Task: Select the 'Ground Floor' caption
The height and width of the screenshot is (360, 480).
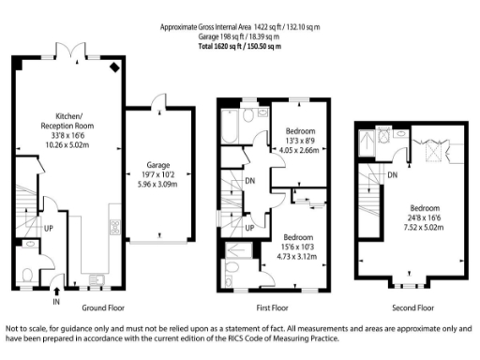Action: click(103, 307)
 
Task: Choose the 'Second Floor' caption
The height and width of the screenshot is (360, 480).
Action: click(413, 307)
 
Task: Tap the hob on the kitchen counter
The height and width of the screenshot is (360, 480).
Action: click(113, 228)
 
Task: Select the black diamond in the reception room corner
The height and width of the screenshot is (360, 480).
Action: click(113, 67)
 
